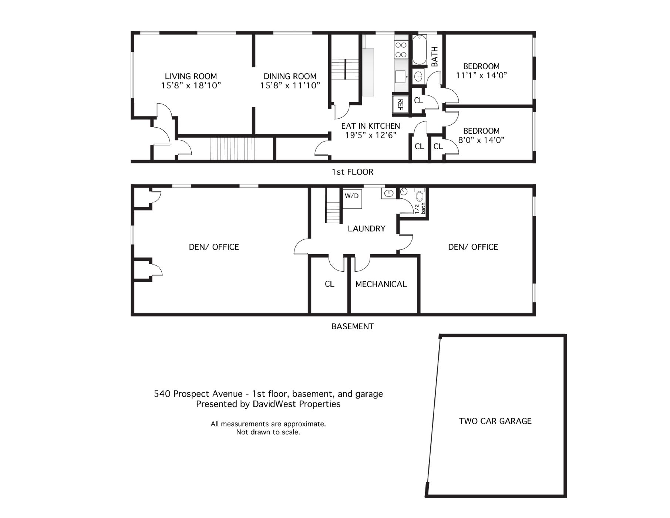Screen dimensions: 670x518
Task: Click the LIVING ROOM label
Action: point(191,77)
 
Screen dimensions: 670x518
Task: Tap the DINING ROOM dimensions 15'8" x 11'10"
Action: point(290,86)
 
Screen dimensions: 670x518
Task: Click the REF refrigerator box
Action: point(400,104)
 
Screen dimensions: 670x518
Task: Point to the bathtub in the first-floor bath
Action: point(420,50)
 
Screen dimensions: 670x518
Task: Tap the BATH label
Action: point(435,57)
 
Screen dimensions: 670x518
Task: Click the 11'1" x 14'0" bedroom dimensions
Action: point(481,75)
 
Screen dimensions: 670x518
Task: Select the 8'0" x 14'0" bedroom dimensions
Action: point(481,140)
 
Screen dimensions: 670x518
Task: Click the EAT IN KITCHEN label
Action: point(371,126)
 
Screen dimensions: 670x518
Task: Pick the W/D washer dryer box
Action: point(352,199)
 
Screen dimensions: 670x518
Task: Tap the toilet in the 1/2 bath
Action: point(420,196)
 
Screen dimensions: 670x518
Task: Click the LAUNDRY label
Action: point(367,229)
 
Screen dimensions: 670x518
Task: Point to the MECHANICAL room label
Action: point(381,284)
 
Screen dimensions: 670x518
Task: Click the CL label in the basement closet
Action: point(330,284)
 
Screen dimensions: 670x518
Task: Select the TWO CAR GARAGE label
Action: point(495,421)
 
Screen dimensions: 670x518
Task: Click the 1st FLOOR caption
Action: point(353,172)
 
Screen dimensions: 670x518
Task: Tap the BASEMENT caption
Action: point(353,326)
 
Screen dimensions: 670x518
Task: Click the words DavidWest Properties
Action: point(296,404)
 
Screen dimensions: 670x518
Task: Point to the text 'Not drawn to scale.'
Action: point(268,432)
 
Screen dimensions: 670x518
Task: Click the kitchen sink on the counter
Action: point(401,77)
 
